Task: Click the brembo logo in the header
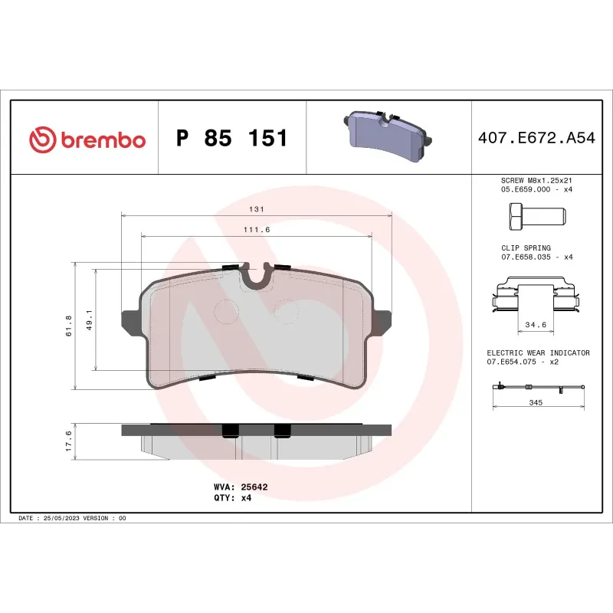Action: (x=87, y=139)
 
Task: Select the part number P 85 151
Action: (x=231, y=139)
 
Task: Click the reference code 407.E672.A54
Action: (x=536, y=139)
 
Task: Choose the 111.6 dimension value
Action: (x=257, y=230)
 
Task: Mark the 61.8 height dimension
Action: (x=68, y=326)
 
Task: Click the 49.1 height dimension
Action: (x=89, y=320)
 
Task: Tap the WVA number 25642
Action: (x=253, y=487)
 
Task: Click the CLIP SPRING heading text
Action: (x=525, y=248)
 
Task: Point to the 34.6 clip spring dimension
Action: (x=534, y=325)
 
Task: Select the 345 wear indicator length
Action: (x=535, y=402)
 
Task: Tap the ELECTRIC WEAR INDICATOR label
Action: (x=538, y=352)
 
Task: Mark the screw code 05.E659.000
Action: (x=527, y=188)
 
